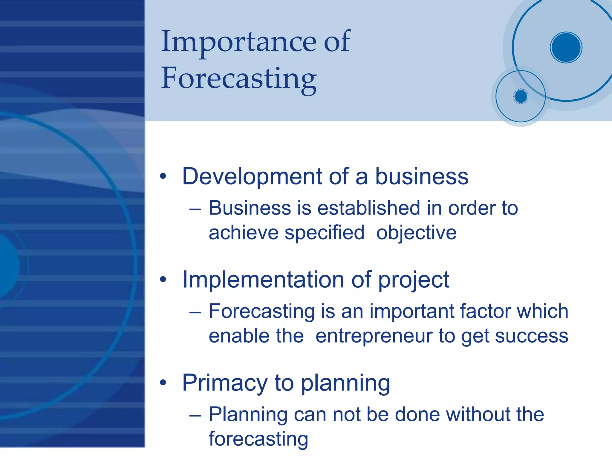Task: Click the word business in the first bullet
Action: pyautogui.click(x=421, y=176)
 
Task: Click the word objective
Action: pyautogui.click(x=416, y=233)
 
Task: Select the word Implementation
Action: pyautogui.click(x=263, y=280)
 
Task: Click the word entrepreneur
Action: pyautogui.click(x=374, y=336)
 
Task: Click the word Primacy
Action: pyautogui.click(x=225, y=383)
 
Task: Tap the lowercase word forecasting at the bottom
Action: pyautogui.click(x=258, y=439)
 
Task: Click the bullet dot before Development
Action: pyautogui.click(x=163, y=176)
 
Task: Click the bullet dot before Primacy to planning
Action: pyautogui.click(x=163, y=383)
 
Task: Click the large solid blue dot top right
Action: pyautogui.click(x=566, y=47)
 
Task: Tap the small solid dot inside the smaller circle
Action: pyautogui.click(x=521, y=96)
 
